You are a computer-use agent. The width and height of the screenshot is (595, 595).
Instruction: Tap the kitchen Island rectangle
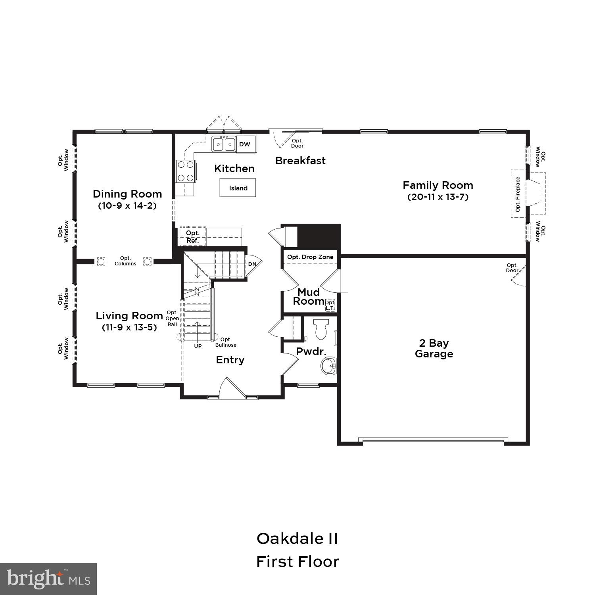[238, 188]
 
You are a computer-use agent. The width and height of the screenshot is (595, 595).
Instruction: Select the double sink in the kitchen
[224, 144]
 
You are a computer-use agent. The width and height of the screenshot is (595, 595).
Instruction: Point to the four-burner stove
[186, 171]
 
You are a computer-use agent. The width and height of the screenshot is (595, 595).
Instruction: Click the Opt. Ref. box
[193, 236]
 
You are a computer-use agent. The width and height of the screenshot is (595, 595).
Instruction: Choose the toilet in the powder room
[321, 329]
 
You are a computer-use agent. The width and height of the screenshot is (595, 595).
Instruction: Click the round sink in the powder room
[328, 365]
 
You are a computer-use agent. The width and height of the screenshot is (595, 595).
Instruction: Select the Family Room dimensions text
[438, 197]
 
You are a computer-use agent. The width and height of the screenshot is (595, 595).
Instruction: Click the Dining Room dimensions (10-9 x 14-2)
[127, 206]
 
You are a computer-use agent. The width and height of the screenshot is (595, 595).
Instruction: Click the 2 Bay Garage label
[434, 348]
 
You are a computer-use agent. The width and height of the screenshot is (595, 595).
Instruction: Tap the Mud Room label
[309, 297]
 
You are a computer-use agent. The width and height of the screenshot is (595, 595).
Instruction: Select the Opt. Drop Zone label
[310, 257]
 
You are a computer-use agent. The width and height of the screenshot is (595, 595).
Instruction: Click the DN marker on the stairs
[252, 264]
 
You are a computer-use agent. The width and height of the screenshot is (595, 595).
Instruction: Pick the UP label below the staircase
[198, 346]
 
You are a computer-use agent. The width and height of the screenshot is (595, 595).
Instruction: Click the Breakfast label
[300, 161]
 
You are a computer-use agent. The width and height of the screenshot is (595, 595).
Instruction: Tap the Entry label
[230, 360]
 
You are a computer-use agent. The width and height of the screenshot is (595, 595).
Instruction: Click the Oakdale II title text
[297, 539]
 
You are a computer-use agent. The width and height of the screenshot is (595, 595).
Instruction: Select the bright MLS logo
[48, 579]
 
